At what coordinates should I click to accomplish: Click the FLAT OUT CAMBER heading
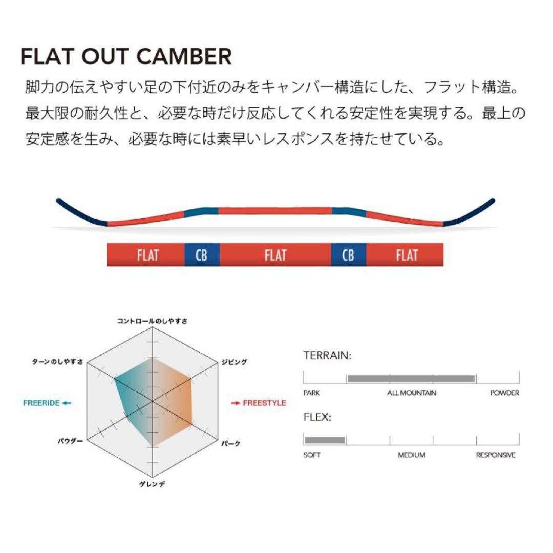(126, 56)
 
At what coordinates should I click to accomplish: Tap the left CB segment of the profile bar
(202, 254)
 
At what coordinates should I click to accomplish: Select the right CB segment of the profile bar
(348, 254)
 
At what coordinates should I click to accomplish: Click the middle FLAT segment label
(275, 254)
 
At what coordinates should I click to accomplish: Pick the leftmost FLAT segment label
(147, 254)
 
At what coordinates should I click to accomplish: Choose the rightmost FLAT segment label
(407, 254)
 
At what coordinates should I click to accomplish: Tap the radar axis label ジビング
(234, 362)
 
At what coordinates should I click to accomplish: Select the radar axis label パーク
(230, 443)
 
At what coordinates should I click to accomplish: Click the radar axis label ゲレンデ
(152, 484)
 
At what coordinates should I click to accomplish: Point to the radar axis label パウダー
(71, 441)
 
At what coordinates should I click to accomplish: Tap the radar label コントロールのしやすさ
(152, 321)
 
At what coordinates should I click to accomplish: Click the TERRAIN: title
(327, 355)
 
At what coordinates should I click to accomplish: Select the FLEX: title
(317, 417)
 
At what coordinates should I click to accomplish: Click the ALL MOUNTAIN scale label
(412, 393)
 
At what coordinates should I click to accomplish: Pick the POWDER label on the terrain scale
(504, 393)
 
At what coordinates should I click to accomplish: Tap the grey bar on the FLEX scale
(325, 440)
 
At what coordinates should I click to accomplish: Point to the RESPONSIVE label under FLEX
(496, 455)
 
